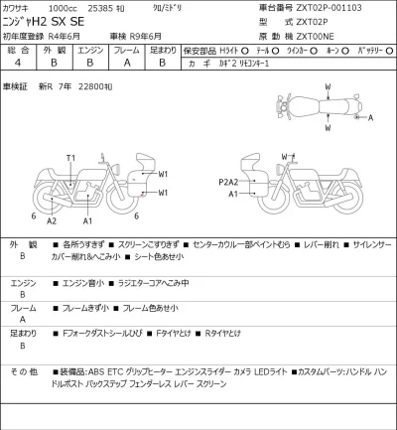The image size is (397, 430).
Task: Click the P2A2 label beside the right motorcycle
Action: (x=229, y=184)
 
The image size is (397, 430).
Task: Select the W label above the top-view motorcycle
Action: (x=327, y=87)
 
